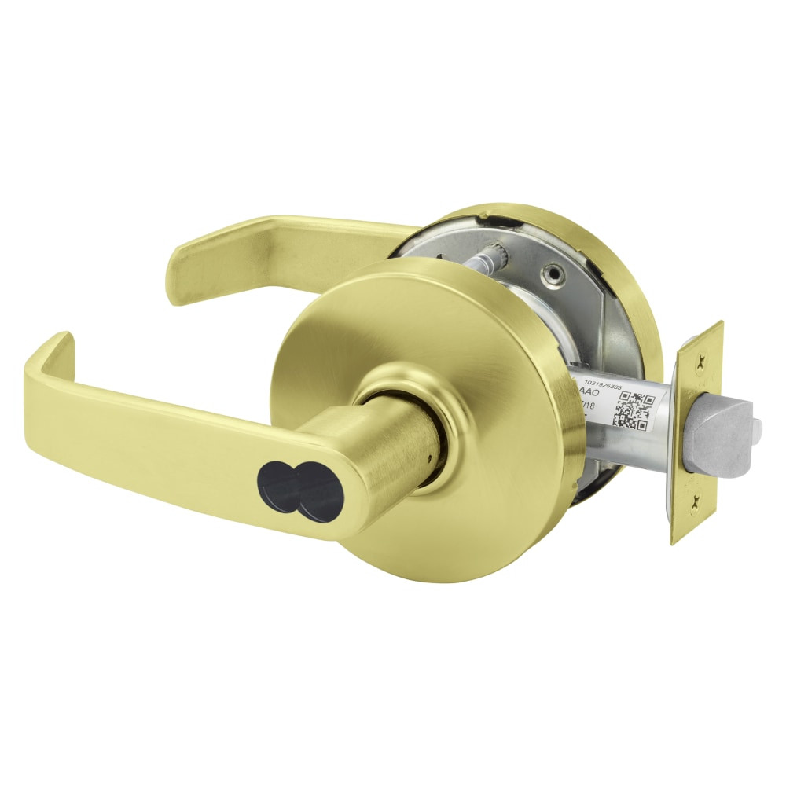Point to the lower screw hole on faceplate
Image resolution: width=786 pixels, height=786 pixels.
(x=694, y=501)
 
